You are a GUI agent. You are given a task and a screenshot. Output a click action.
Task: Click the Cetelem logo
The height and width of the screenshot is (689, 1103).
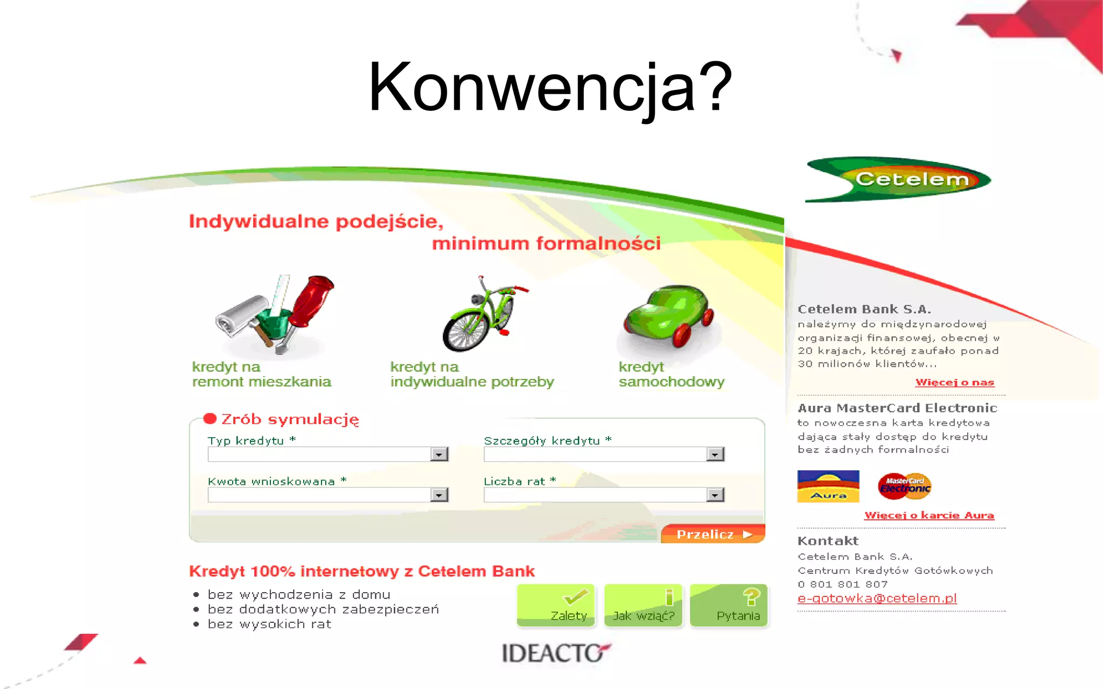click(898, 179)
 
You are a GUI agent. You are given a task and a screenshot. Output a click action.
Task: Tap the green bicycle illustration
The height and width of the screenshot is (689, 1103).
click(481, 314)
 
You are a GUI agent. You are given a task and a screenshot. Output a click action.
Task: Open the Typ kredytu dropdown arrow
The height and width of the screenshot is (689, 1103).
click(439, 454)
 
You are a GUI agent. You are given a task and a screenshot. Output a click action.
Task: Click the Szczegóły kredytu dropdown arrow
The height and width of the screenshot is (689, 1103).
click(715, 454)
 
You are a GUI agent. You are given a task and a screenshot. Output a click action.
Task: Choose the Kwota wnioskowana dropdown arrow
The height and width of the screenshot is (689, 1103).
click(439, 495)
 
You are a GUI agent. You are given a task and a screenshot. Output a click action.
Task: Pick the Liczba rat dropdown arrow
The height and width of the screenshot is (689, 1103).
click(715, 495)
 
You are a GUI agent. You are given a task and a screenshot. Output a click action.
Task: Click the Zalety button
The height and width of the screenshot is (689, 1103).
click(556, 606)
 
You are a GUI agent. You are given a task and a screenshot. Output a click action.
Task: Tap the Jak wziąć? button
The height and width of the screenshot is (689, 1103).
click(644, 606)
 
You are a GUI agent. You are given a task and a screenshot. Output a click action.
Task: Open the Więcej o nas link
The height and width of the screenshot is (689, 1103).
click(954, 382)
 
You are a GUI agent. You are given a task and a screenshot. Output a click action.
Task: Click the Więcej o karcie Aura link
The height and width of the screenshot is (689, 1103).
click(929, 515)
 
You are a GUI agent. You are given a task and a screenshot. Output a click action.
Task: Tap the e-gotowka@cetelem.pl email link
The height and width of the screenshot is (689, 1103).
click(877, 598)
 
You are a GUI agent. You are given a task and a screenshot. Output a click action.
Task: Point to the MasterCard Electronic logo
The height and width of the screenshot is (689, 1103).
click(905, 486)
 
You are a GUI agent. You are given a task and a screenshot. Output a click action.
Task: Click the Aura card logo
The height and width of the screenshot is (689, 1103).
click(828, 486)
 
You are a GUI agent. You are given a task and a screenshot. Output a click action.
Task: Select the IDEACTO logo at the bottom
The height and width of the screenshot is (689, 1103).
click(555, 653)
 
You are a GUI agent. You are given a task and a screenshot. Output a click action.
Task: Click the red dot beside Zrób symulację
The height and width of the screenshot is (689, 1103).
click(210, 419)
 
